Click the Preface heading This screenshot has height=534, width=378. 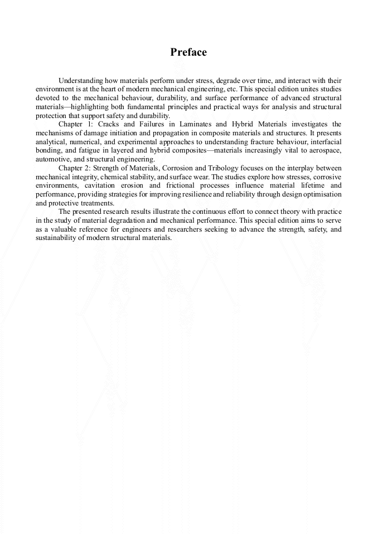188,52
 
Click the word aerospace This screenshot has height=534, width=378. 324,150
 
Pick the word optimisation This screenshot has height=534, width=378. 322,194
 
